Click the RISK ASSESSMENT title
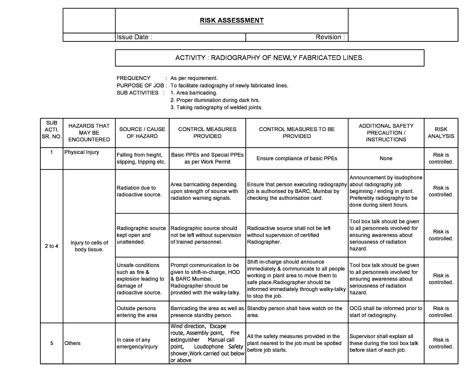click(231, 20)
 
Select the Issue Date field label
click(134, 37)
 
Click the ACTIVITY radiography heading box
click(269, 58)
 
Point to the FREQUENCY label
click(133, 78)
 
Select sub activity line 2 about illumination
click(215, 100)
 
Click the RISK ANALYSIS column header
click(441, 133)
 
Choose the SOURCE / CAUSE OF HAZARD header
click(142, 133)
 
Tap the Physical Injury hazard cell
click(82, 152)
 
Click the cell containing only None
click(386, 158)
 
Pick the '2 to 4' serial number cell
click(51, 246)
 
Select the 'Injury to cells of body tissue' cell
click(89, 246)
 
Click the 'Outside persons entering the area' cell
click(137, 312)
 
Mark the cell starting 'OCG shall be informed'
click(386, 312)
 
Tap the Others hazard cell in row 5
click(72, 343)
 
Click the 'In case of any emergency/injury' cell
click(137, 343)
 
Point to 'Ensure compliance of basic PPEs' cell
click(297, 158)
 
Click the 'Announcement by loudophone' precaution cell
click(386, 191)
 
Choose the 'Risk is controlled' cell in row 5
click(441, 343)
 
